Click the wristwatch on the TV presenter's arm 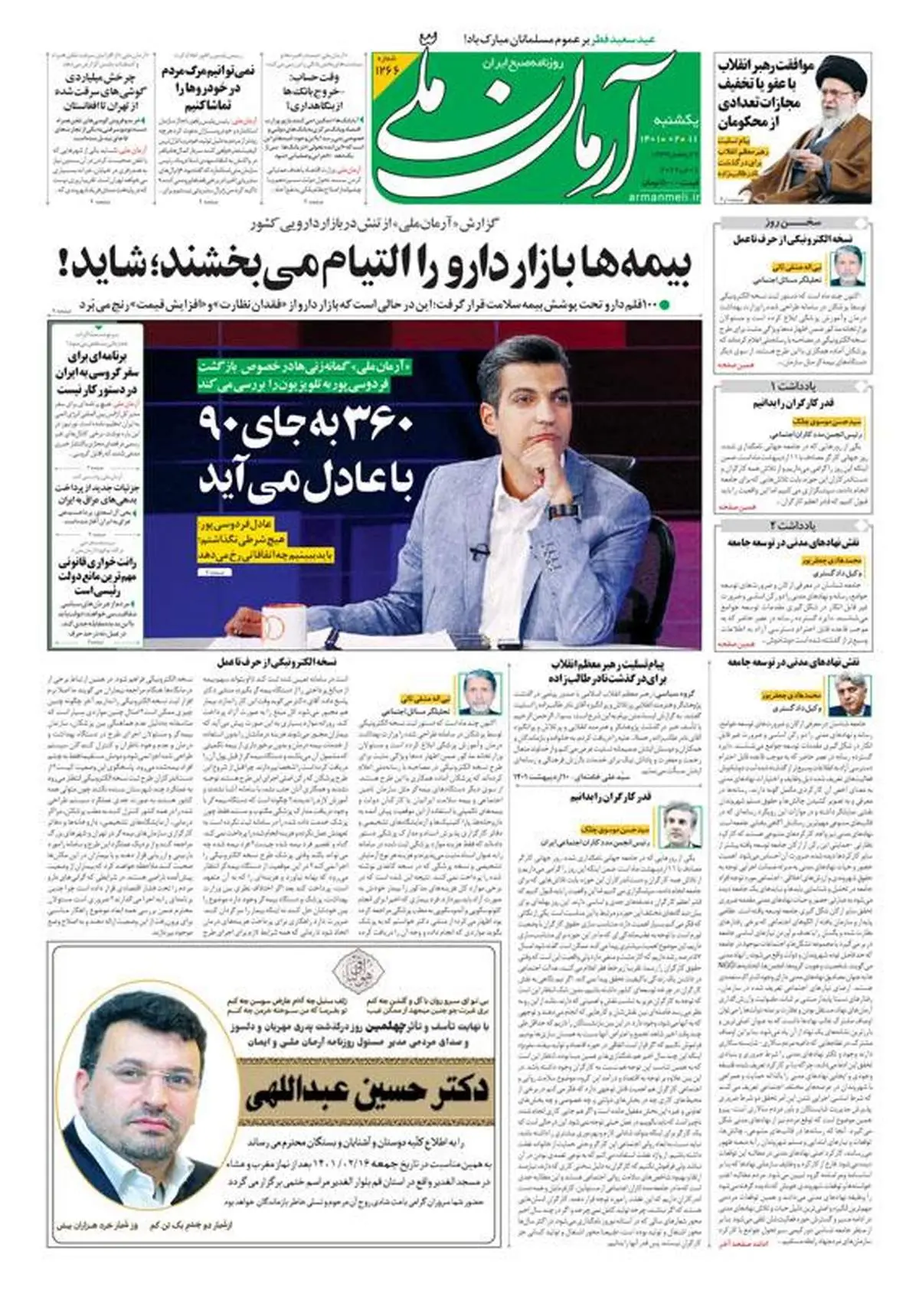563,511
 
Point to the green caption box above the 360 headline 305,376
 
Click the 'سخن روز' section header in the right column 793,224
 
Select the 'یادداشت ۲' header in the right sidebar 793,526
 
